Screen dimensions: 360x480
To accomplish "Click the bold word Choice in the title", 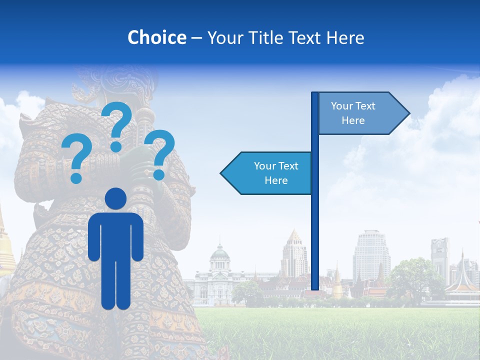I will tap(156, 37).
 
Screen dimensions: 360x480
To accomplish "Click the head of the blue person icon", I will tap(115, 198).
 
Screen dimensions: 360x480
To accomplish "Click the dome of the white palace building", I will tap(219, 252).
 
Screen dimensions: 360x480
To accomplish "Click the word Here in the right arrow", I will tap(353, 120).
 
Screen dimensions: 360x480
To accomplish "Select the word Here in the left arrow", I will tap(276, 180).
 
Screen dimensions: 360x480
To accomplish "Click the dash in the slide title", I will tap(196, 38).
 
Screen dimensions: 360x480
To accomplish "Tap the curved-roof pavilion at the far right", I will tap(462, 285).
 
